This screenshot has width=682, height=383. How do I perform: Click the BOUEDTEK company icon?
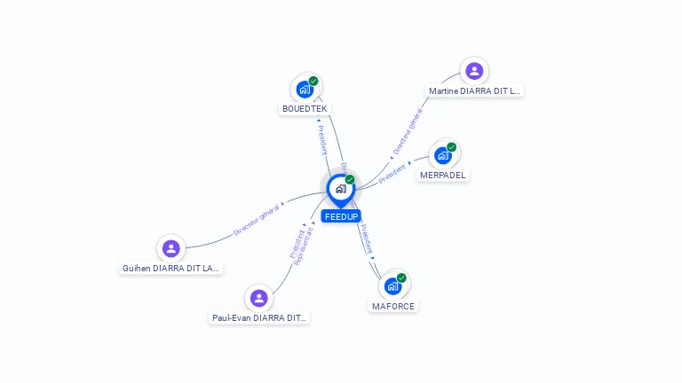[305, 90]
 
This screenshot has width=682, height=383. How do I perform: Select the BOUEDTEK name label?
[305, 109]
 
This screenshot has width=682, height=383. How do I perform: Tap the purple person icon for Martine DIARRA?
[474, 71]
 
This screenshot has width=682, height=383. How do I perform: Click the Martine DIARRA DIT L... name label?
[475, 90]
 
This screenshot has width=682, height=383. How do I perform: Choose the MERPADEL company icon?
[443, 155]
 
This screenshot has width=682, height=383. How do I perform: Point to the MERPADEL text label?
[443, 176]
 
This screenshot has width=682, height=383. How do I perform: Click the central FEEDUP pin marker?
[340, 189]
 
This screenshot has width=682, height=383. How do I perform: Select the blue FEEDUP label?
[341, 216]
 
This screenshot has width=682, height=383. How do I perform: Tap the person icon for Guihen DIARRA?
[171, 248]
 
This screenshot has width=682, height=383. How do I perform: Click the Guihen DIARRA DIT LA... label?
[171, 268]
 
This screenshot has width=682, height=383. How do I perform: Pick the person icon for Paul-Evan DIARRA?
[258, 298]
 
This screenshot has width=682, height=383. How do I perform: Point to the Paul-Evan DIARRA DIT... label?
[259, 317]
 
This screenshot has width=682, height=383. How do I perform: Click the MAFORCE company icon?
[393, 286]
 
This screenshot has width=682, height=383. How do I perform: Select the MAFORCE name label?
[393, 306]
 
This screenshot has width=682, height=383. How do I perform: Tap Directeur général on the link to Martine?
[408, 132]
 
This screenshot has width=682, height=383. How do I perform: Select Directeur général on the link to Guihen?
[257, 219]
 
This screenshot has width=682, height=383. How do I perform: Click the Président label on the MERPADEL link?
[393, 174]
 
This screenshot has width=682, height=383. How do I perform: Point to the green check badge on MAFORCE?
[401, 277]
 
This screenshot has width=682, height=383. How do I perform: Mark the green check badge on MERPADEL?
[452, 147]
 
